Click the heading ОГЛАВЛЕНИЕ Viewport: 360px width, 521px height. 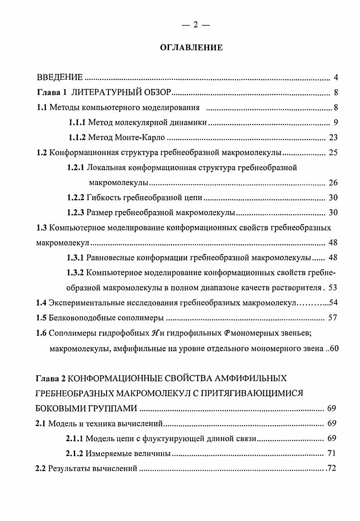[191, 47]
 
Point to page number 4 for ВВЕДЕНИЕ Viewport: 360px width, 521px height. [335, 77]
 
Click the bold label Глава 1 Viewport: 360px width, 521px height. [52, 93]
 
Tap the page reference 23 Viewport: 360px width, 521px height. [333, 138]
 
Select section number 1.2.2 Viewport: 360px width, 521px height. [77, 198]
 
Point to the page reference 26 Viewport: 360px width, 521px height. [333, 183]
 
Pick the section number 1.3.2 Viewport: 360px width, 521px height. [75, 272]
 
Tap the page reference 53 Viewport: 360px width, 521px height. [333, 287]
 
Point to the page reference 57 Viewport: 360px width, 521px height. [333, 317]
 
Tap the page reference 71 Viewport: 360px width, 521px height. [331, 453]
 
